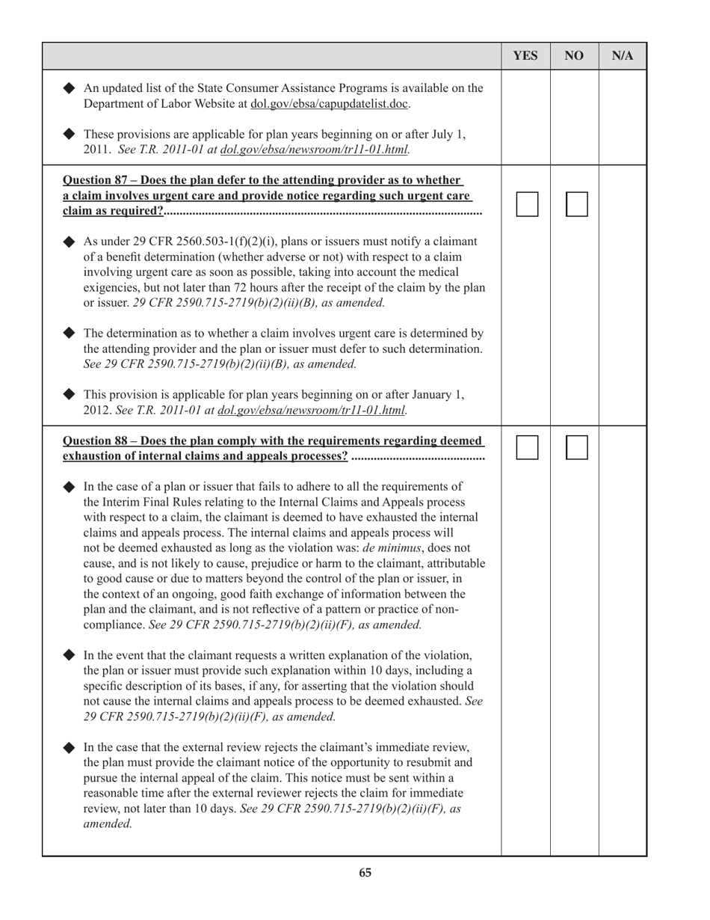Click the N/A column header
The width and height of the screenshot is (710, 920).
tap(623, 55)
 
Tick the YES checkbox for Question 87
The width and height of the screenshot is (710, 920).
tap(527, 204)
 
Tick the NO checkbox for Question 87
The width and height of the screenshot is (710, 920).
tap(576, 204)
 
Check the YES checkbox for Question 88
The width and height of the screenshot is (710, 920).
tap(527, 447)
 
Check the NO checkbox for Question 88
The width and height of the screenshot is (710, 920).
tap(576, 447)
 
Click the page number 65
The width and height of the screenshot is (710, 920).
tap(365, 873)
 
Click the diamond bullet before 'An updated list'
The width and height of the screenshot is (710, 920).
tap(70, 88)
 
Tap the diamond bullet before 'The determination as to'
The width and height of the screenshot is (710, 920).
tap(70, 333)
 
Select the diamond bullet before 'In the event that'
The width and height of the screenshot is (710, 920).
tap(70, 655)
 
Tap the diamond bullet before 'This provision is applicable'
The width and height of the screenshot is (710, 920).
tap(70, 394)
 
